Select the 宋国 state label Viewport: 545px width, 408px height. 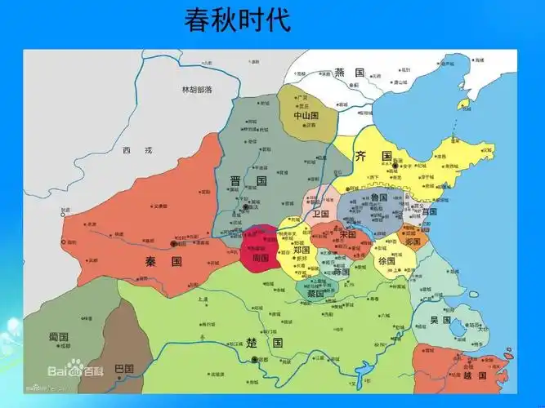click(x=348, y=235)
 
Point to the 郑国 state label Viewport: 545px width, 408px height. click(x=301, y=251)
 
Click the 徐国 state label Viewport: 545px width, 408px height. click(x=386, y=261)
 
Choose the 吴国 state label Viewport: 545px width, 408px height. click(x=440, y=321)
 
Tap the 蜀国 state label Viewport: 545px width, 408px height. click(x=57, y=337)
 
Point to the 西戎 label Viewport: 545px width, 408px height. click(x=132, y=150)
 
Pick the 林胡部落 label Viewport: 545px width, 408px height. click(x=197, y=89)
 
